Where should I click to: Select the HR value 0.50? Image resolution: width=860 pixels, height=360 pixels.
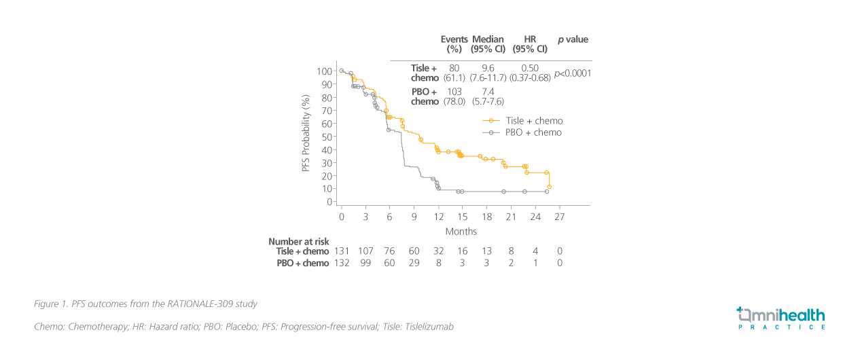point(529,68)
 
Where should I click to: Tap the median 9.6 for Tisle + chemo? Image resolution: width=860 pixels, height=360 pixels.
point(488,68)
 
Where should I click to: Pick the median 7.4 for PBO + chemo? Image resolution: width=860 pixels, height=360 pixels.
point(488,91)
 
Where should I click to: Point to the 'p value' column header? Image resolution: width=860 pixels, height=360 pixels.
point(573,39)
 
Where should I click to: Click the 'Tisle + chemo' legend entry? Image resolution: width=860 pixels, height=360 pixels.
point(534,121)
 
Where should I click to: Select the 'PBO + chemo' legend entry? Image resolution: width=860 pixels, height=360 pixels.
point(533,132)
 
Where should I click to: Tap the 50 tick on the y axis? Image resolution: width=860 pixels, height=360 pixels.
point(327,137)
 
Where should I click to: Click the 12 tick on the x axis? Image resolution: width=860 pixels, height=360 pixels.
point(439,216)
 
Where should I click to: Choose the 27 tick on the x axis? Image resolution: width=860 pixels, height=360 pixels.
point(560,216)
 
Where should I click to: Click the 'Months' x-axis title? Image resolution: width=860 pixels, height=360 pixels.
point(461,232)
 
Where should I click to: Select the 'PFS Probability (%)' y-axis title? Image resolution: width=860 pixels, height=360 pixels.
point(306,132)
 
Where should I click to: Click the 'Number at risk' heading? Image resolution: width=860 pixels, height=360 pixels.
point(298,241)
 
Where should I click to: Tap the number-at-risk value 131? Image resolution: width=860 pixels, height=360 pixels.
point(342,251)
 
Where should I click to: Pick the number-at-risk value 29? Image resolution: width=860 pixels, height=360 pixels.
point(414,263)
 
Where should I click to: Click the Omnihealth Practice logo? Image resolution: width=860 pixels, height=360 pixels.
point(781,318)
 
